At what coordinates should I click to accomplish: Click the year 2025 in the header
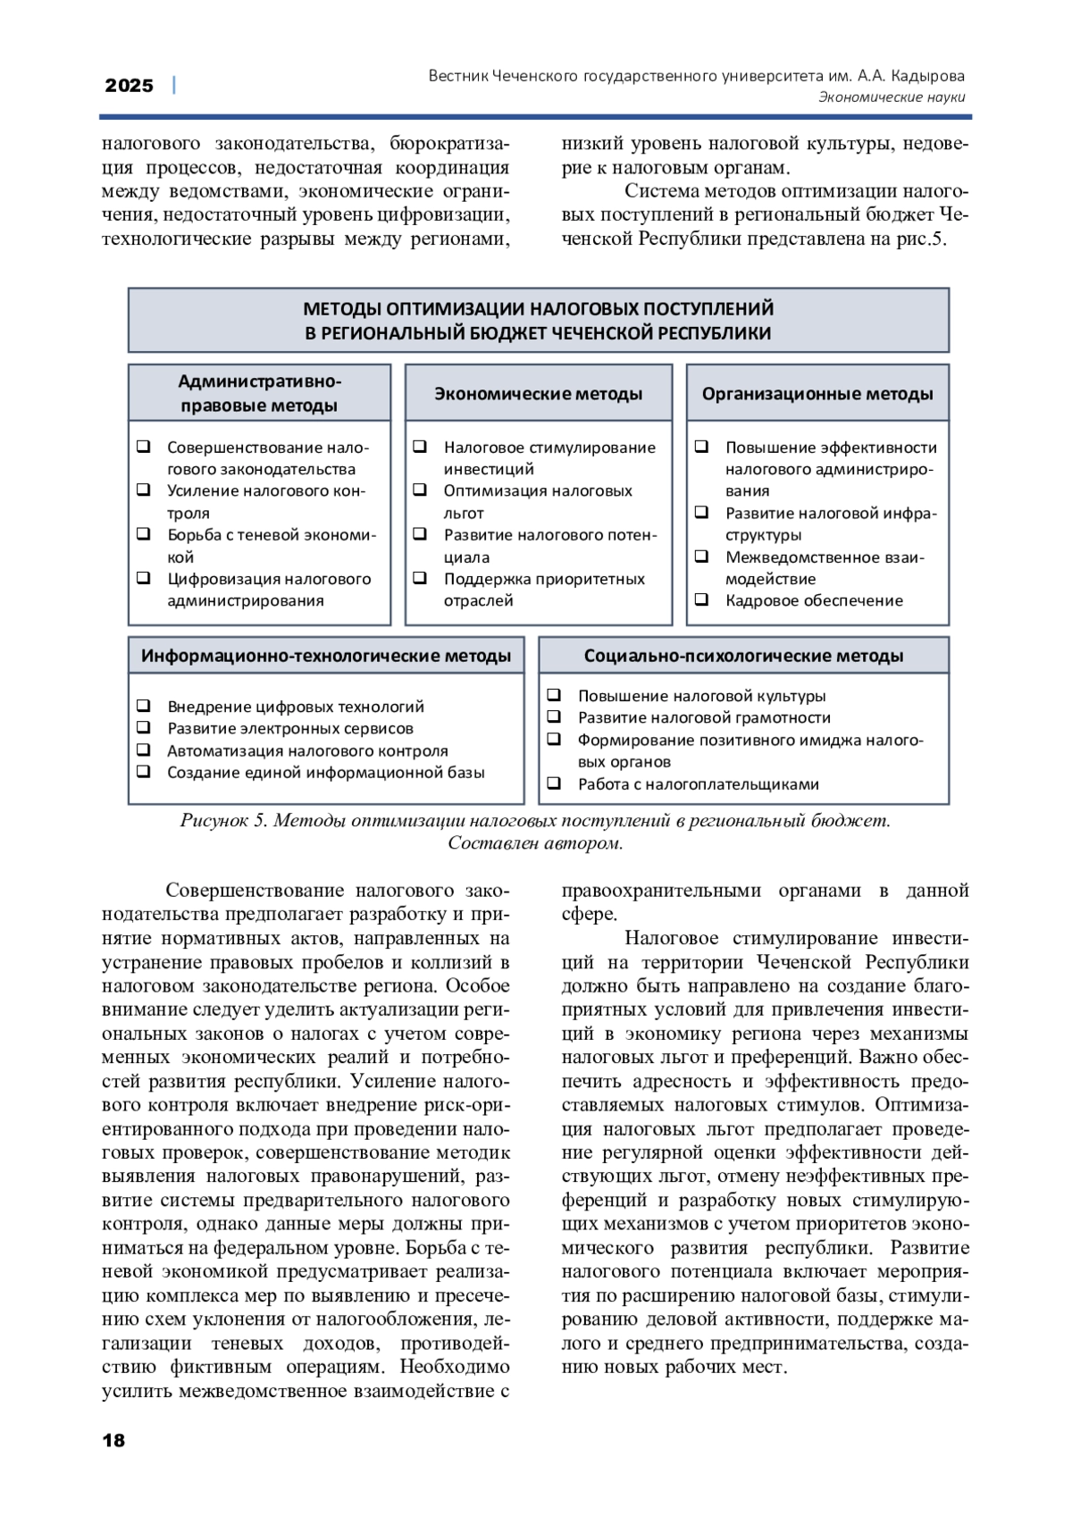(130, 86)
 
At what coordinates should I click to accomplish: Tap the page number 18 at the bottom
(114, 1439)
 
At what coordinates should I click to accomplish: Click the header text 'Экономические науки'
(891, 97)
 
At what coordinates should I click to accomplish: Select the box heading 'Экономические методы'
(538, 394)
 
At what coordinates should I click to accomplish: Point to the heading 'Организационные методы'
(817, 394)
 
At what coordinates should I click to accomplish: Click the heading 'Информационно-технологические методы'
(326, 656)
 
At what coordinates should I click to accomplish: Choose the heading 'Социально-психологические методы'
(743, 656)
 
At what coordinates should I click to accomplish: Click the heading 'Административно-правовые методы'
(259, 393)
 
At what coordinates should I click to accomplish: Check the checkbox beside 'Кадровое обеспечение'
(702, 599)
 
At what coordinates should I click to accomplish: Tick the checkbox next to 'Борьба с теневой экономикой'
(143, 534)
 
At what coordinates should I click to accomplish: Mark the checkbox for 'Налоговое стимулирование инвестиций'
(420, 447)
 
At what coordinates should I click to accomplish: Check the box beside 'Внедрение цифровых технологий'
(143, 706)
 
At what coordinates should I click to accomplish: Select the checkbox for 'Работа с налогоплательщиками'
(554, 783)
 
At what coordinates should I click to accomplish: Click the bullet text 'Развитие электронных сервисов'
(290, 728)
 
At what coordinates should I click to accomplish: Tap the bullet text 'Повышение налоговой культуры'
(701, 696)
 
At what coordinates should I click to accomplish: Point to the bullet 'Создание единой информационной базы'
(326, 773)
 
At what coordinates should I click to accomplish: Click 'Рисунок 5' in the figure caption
(223, 820)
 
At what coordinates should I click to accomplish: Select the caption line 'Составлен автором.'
(535, 843)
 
